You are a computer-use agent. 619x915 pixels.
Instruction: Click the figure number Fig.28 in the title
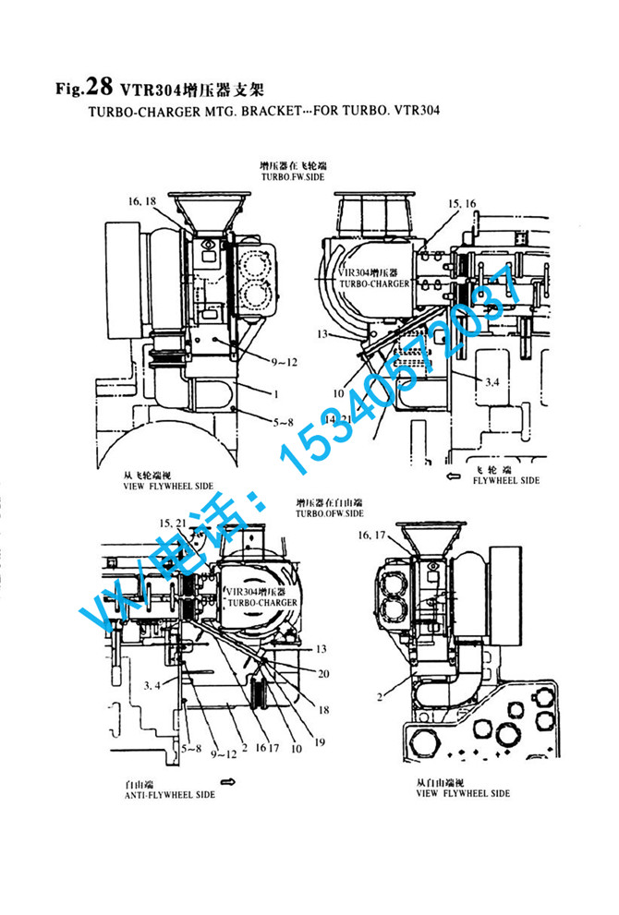coord(83,89)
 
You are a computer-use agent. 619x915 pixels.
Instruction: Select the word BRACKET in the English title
coord(248,111)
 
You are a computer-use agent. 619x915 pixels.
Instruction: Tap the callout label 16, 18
coord(141,200)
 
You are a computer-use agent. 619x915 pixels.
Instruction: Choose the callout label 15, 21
coord(172,524)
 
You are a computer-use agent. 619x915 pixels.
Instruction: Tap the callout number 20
coord(323,673)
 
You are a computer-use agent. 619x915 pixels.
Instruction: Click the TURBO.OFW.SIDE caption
coord(330,512)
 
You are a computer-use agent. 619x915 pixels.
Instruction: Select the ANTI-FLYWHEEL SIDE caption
coord(169,795)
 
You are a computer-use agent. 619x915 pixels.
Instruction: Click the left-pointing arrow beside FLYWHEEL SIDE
coord(453,476)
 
